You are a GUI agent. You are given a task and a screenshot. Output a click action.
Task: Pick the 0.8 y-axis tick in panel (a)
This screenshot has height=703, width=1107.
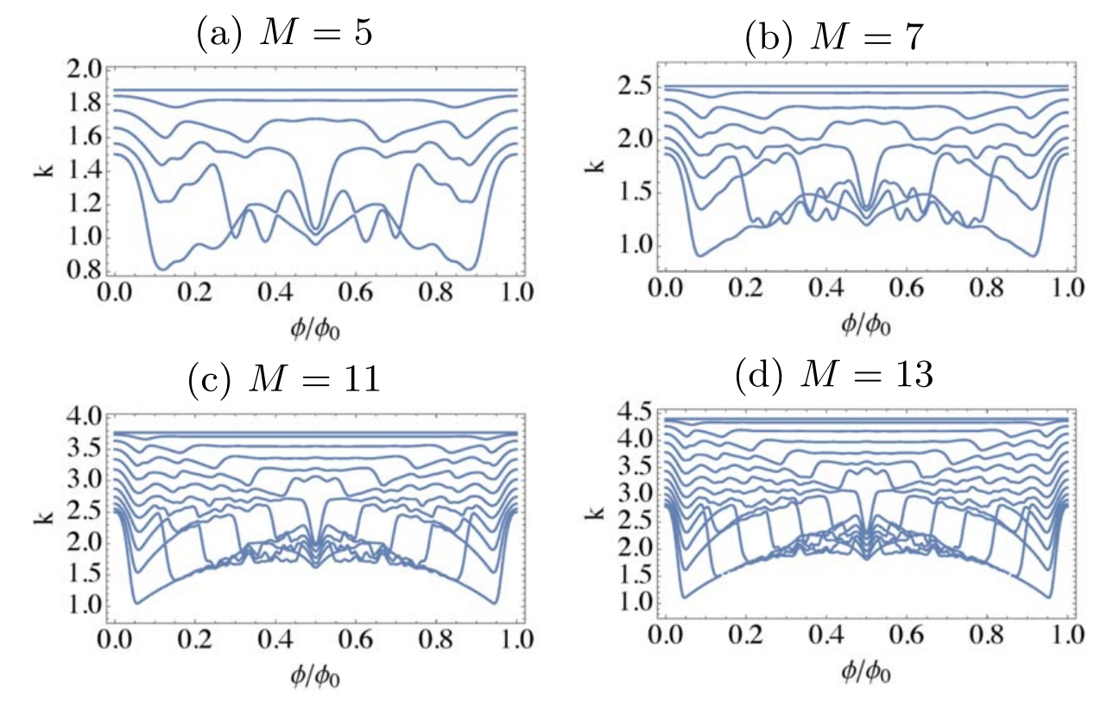[x=82, y=270]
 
